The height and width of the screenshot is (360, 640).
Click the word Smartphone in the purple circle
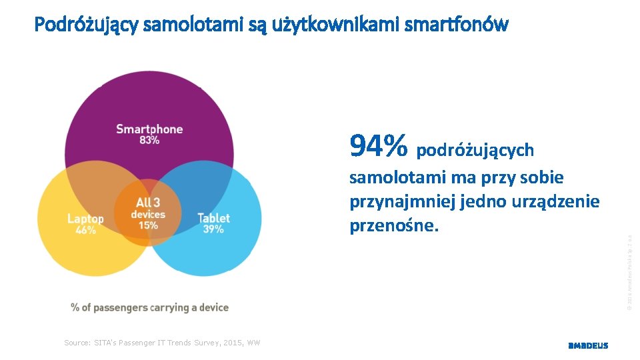click(149, 129)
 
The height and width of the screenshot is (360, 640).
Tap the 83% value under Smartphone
click(149, 140)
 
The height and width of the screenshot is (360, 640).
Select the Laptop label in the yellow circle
click(85, 219)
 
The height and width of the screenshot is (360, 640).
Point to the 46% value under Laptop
click(85, 230)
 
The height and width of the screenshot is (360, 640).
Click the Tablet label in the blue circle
click(213, 218)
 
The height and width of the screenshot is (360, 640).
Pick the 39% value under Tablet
click(213, 229)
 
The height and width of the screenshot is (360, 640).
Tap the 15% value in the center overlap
click(147, 225)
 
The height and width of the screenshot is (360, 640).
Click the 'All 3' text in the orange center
click(147, 203)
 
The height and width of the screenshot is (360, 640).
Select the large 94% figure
click(378, 146)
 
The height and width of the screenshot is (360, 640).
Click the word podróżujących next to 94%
click(475, 151)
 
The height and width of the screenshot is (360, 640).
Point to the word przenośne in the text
click(394, 226)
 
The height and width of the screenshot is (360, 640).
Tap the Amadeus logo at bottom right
click(587, 345)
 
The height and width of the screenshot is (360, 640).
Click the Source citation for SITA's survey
click(162, 343)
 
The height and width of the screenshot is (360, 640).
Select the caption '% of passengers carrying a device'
click(150, 307)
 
